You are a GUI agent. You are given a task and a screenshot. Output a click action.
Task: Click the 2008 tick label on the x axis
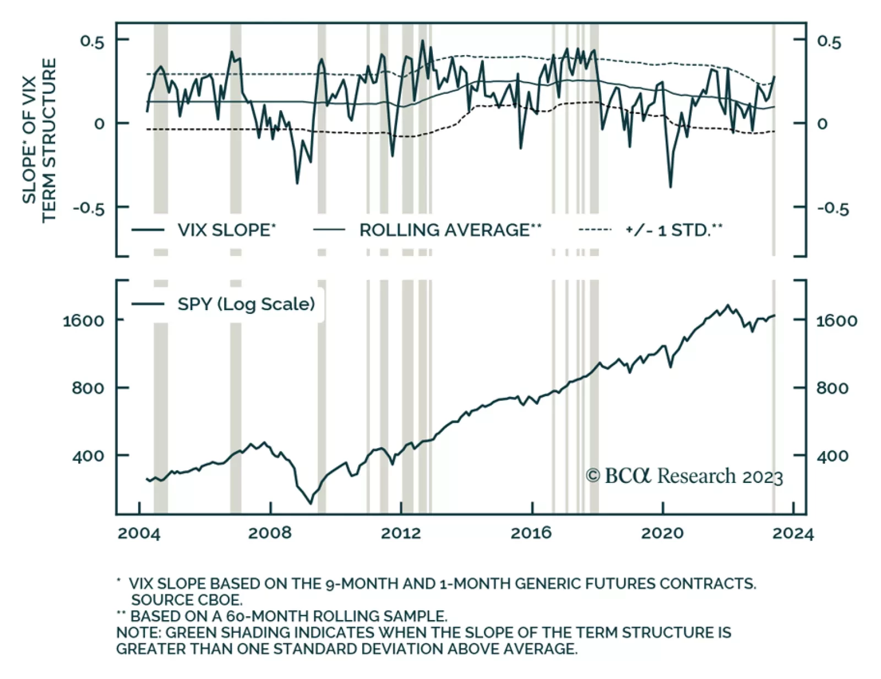coord(270,533)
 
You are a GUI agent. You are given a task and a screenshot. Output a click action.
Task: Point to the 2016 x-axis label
coord(531,533)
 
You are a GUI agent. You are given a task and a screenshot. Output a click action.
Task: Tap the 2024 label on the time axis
coord(792,533)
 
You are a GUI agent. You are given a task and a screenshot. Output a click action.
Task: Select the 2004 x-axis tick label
coord(139,533)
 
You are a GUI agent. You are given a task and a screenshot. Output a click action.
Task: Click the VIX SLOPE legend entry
coord(226,230)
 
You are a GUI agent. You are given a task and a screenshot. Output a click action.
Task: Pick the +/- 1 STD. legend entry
coord(673,230)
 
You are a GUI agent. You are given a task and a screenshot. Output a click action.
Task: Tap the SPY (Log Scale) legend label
coord(246,304)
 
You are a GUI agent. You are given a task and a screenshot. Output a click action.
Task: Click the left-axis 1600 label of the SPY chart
coord(83,321)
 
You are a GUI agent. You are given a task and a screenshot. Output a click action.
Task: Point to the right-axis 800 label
coord(832,388)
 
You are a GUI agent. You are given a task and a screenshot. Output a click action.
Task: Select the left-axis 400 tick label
coord(88,456)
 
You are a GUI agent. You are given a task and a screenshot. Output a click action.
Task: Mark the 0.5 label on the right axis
coord(829,41)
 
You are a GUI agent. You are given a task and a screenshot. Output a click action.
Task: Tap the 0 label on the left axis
coord(99,124)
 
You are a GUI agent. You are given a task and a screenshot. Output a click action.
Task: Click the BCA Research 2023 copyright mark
coord(684,476)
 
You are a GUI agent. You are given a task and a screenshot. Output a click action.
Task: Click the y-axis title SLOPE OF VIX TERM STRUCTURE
coord(40,140)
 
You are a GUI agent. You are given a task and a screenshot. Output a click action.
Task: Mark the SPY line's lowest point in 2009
coord(310,503)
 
